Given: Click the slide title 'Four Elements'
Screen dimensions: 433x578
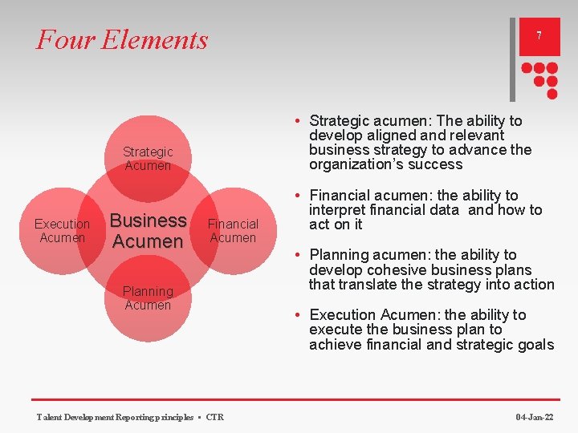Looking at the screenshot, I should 122,39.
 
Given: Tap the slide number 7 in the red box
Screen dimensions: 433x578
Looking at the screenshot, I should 539,36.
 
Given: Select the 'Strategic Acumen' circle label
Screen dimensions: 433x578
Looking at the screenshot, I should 148,159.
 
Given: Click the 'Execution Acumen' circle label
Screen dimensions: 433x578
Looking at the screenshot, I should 62,231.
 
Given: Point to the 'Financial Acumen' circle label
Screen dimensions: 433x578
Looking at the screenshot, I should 233,231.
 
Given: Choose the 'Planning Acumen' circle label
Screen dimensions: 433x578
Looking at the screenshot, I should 148,298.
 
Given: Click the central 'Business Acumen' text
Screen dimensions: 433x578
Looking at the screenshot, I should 148,231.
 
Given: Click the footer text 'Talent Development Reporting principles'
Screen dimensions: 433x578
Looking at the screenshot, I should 115,417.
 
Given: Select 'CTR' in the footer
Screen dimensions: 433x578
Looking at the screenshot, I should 215,417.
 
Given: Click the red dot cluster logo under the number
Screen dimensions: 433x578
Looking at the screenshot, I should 539,76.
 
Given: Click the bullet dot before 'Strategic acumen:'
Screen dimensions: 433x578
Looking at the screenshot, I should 297,121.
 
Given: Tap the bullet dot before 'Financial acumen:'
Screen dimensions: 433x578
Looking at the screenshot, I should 297,196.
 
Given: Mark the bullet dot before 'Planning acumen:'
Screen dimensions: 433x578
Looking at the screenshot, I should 297,255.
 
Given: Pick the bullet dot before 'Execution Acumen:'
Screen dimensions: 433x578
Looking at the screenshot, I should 297,315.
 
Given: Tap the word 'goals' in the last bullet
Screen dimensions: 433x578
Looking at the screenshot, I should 534,345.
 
